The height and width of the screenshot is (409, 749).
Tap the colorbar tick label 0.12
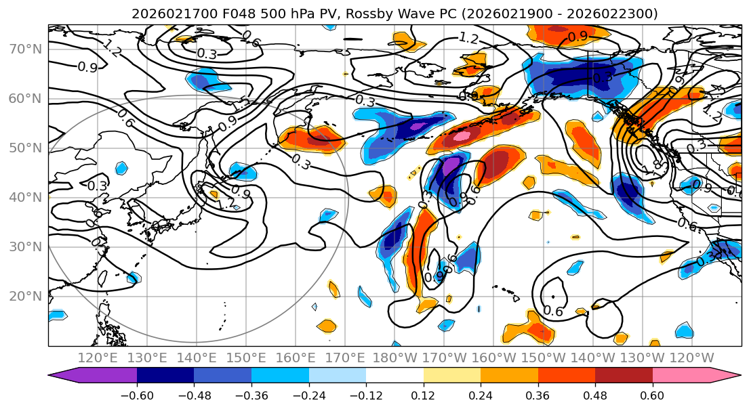click(x=423, y=395)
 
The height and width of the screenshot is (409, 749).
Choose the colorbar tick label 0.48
click(x=594, y=395)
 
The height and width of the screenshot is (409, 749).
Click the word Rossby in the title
click(x=397, y=14)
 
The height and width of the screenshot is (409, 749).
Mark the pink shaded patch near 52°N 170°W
click(x=462, y=136)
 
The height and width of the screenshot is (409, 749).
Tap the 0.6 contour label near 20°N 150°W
click(x=553, y=311)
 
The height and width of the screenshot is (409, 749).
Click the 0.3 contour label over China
click(x=98, y=186)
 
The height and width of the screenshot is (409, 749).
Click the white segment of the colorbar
click(x=394, y=375)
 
